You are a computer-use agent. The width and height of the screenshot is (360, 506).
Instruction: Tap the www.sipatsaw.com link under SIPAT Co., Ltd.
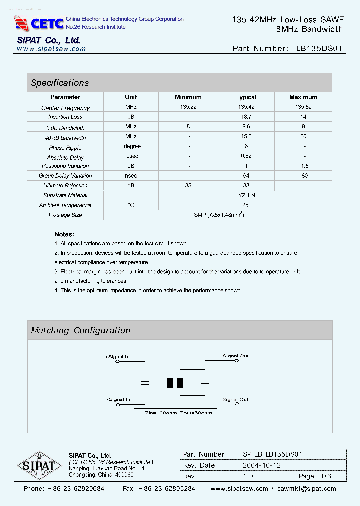click(x=51, y=49)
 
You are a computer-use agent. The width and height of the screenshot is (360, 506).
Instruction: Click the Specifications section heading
click(x=60, y=83)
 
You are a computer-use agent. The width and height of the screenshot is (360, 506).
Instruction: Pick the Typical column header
click(x=246, y=97)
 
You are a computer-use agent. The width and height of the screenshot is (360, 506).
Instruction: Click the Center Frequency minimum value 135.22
click(x=188, y=107)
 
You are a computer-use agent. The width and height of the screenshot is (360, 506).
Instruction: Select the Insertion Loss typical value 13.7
click(x=246, y=117)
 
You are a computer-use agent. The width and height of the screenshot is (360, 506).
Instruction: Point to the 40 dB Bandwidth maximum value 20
click(x=303, y=136)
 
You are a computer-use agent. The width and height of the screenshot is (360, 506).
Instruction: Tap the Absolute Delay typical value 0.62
click(x=246, y=156)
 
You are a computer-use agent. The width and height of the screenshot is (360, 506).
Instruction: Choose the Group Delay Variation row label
click(x=65, y=176)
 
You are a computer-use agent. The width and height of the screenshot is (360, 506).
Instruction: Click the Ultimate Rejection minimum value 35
click(x=188, y=185)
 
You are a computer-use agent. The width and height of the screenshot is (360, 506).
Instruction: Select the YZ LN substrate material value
click(x=246, y=195)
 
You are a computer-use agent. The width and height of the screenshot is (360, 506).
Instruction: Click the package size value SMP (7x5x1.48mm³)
click(x=218, y=215)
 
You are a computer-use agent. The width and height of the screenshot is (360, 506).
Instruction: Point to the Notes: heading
click(x=64, y=234)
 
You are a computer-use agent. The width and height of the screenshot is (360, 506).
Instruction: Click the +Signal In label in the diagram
click(x=117, y=357)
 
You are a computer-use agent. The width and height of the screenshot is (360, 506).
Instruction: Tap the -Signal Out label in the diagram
click(x=234, y=400)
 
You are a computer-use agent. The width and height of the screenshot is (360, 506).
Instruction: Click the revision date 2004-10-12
click(x=262, y=465)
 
